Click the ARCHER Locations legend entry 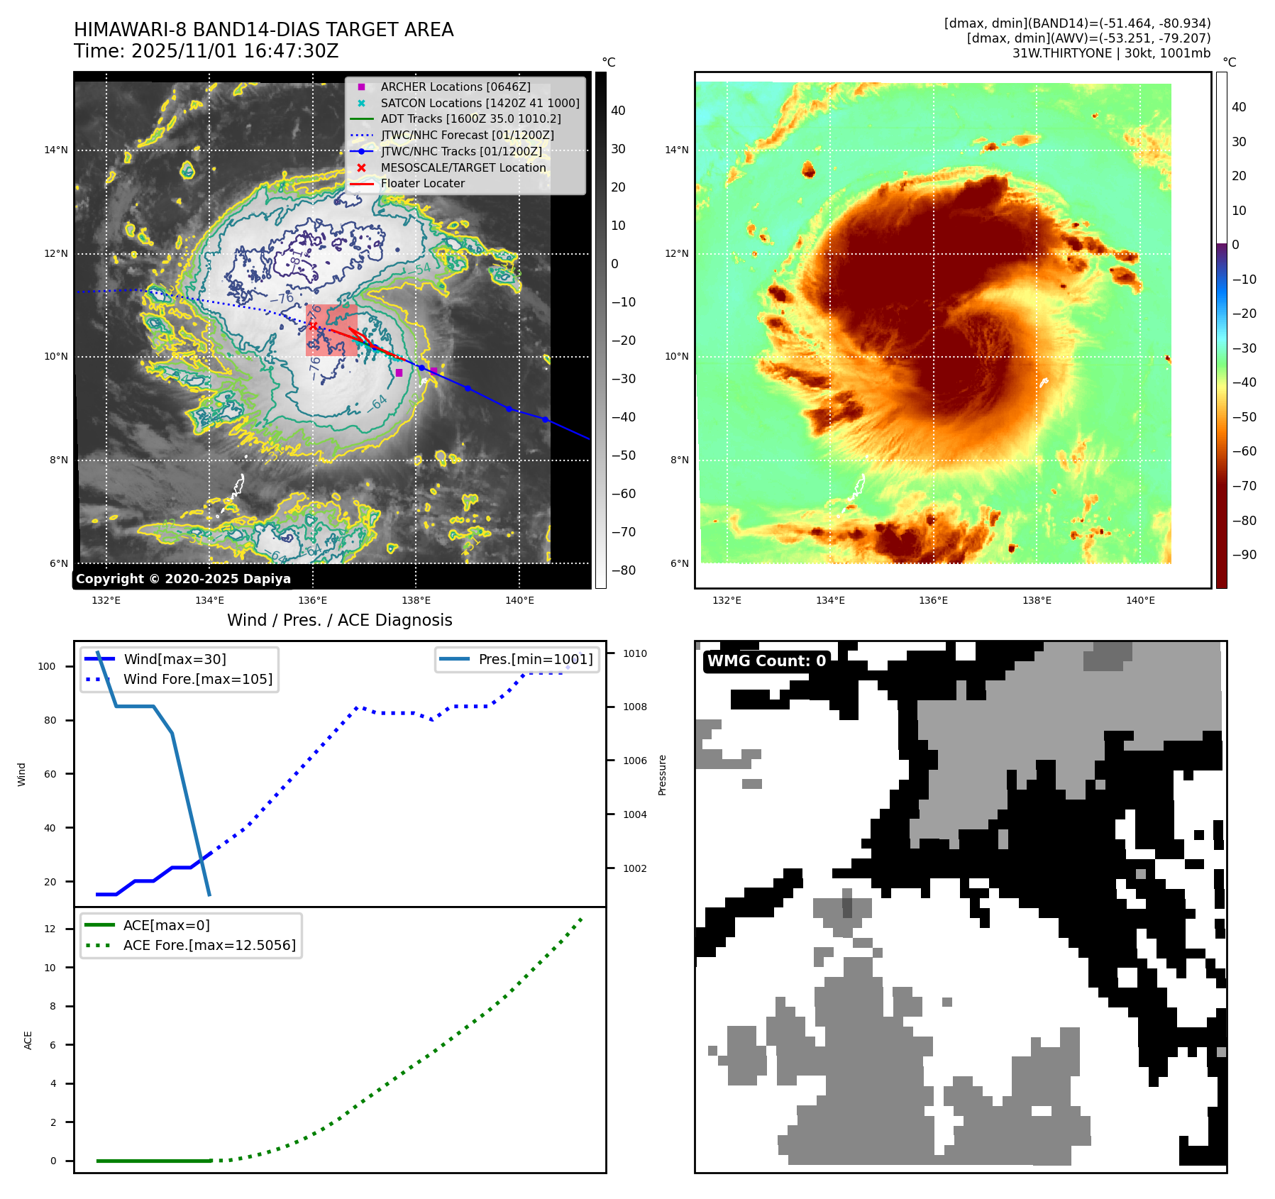coord(455,87)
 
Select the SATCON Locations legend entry coord(480,103)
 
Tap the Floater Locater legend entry coord(422,183)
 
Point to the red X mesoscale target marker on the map coord(313,326)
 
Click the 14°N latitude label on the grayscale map coord(56,150)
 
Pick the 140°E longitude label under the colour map coord(1140,600)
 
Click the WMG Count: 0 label coord(766,661)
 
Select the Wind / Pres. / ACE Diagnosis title coord(339,620)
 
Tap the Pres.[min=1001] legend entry coord(535,659)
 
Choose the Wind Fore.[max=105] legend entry coord(197,679)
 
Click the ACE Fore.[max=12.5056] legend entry coord(209,945)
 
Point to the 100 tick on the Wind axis coord(47,666)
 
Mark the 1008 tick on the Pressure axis coord(635,707)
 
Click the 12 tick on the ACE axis coord(50,929)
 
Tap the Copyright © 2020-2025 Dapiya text coord(183,579)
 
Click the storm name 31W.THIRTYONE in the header coord(1062,53)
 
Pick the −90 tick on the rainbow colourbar coord(1244,555)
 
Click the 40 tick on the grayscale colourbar coord(618,111)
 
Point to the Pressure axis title coord(662,775)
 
